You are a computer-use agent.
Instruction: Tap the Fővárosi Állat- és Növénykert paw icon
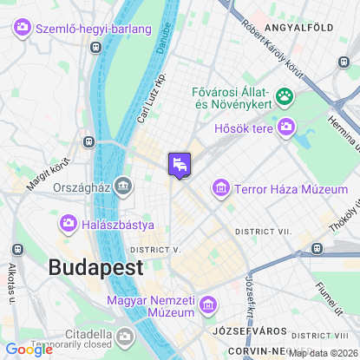(x=283, y=95)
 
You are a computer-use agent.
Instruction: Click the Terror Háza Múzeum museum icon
(x=221, y=187)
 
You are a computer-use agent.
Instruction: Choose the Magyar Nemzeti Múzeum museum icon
(x=207, y=304)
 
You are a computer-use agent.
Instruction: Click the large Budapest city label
(x=95, y=267)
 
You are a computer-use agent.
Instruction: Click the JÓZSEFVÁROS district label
(x=238, y=331)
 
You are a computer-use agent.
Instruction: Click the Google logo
(x=28, y=350)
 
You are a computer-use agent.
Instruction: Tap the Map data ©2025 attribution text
(x=322, y=352)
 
